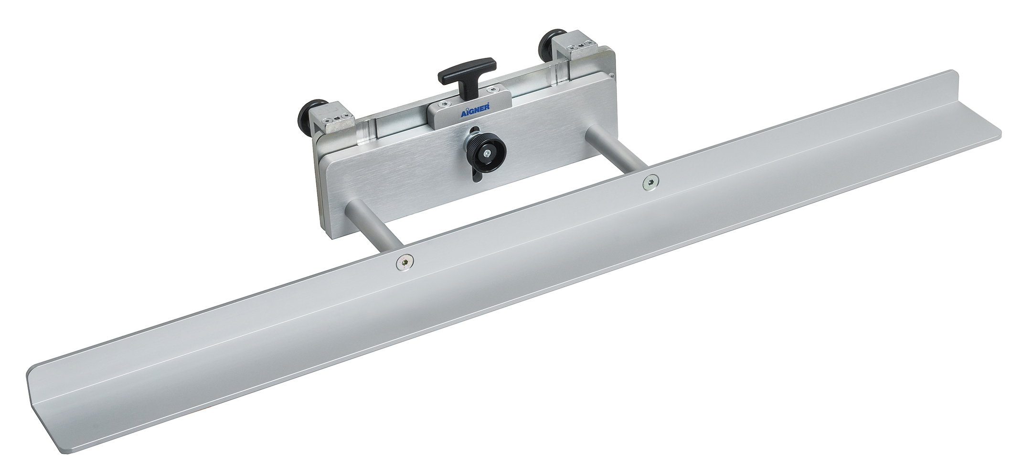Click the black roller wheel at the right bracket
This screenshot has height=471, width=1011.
pyautogui.click(x=548, y=45)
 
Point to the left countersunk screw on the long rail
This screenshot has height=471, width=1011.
pyautogui.click(x=404, y=261)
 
